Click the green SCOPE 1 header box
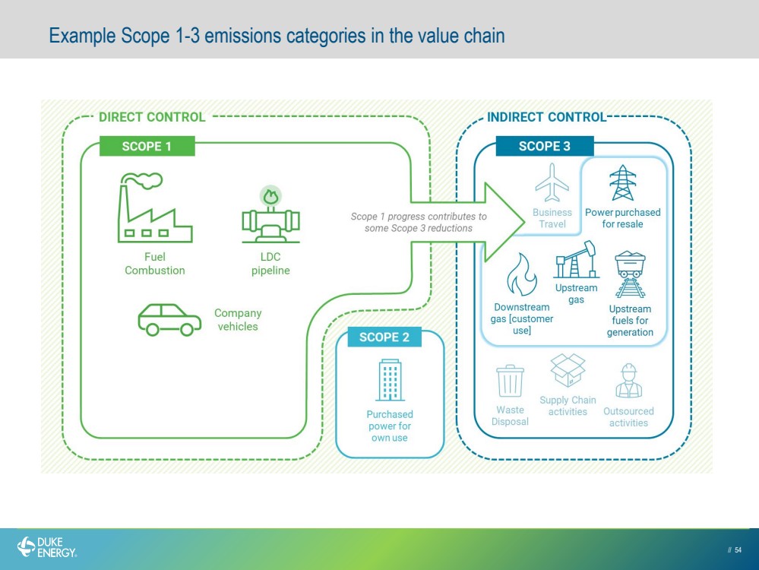pos(147,146)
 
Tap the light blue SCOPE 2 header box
pos(384,337)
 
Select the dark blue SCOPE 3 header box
pos(545,146)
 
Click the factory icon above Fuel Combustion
pos(155,207)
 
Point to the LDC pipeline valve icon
pos(270,214)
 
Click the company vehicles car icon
pos(169,320)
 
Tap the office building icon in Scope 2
pos(390,380)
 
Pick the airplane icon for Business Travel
pos(552,182)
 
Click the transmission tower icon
pos(622,183)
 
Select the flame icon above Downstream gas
pos(521,274)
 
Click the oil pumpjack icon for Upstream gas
pos(576,260)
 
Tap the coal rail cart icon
pos(630,274)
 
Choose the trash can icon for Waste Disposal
pos(510,381)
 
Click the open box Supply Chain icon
pos(568,370)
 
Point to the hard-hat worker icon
pos(629,381)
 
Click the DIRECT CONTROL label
pos(152,117)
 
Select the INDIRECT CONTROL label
pos(546,117)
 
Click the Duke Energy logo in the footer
pos(47,547)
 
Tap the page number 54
pos(738,549)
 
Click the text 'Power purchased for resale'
pos(622,218)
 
